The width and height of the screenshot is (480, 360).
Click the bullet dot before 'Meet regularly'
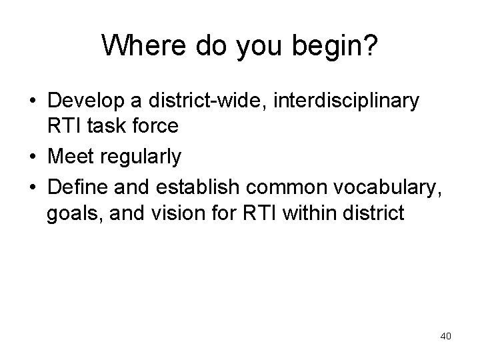click(x=33, y=158)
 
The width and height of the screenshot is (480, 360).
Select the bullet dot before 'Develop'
click(x=33, y=103)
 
